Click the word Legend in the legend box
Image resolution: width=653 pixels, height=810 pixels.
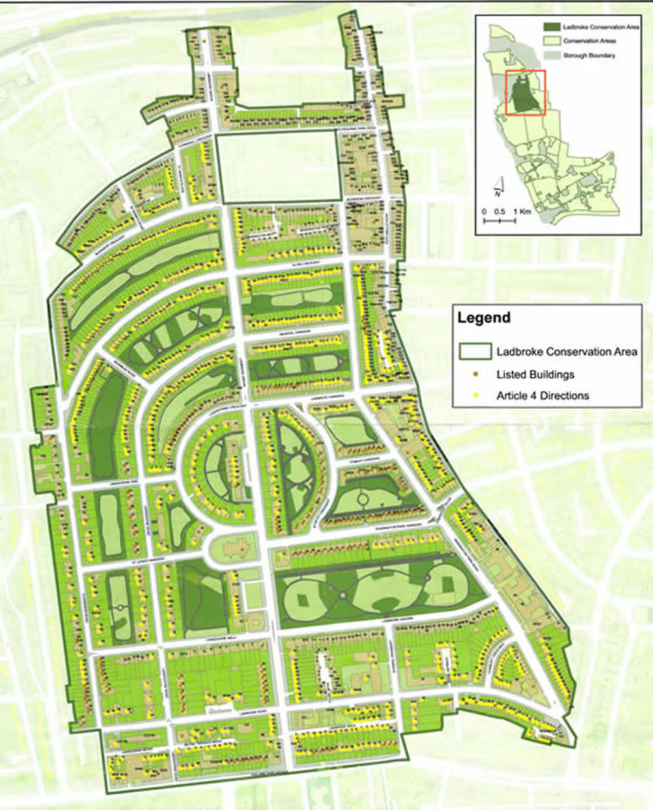tap(484, 318)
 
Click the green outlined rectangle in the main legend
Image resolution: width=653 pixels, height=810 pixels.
tap(475, 352)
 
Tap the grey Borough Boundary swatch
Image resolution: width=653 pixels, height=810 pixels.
tap(552, 55)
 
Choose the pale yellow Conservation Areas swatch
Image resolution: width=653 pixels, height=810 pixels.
tap(552, 41)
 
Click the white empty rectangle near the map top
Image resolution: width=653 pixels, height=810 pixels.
tap(279, 167)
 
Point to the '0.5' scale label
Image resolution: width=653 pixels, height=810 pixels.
tap(499, 212)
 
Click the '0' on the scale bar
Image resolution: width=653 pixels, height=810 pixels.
tap(484, 212)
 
